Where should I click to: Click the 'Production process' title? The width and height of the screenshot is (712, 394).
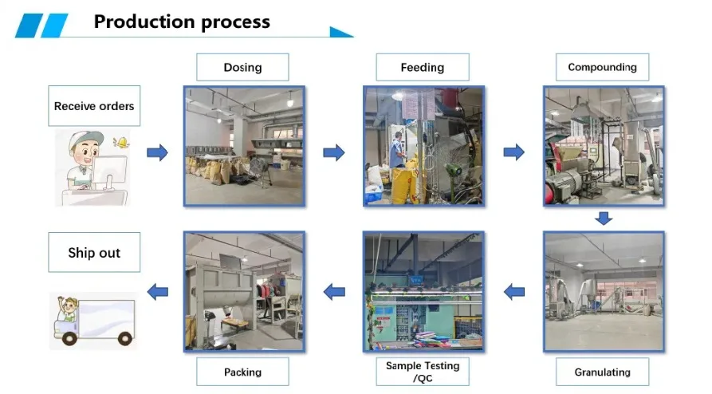pyautogui.click(x=182, y=22)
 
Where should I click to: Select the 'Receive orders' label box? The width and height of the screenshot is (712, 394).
pyautogui.click(x=94, y=106)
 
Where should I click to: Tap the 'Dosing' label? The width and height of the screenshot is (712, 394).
pyautogui.click(x=242, y=67)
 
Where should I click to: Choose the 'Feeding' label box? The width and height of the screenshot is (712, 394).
pyautogui.click(x=422, y=67)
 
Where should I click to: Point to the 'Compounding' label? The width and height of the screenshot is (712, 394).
pyautogui.click(x=602, y=67)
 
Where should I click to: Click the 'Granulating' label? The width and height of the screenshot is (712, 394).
pyautogui.click(x=602, y=372)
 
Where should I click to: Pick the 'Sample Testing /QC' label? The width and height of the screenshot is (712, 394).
pyautogui.click(x=423, y=372)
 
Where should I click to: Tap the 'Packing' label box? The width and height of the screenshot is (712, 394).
pyautogui.click(x=242, y=372)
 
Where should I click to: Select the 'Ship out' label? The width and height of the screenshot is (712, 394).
pyautogui.click(x=94, y=253)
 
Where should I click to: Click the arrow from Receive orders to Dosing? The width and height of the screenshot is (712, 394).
pyautogui.click(x=158, y=152)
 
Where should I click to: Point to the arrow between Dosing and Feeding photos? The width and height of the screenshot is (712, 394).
pyautogui.click(x=334, y=152)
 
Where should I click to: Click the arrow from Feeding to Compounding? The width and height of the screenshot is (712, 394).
pyautogui.click(x=514, y=152)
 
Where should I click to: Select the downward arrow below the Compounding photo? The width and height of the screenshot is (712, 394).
pyautogui.click(x=604, y=218)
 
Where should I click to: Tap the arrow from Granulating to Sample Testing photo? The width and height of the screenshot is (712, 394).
pyautogui.click(x=514, y=292)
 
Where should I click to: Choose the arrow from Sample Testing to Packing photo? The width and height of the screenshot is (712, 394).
pyautogui.click(x=334, y=292)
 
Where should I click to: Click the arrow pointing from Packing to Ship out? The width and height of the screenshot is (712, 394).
pyautogui.click(x=158, y=292)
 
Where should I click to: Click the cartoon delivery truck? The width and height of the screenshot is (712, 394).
pyautogui.click(x=92, y=320)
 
